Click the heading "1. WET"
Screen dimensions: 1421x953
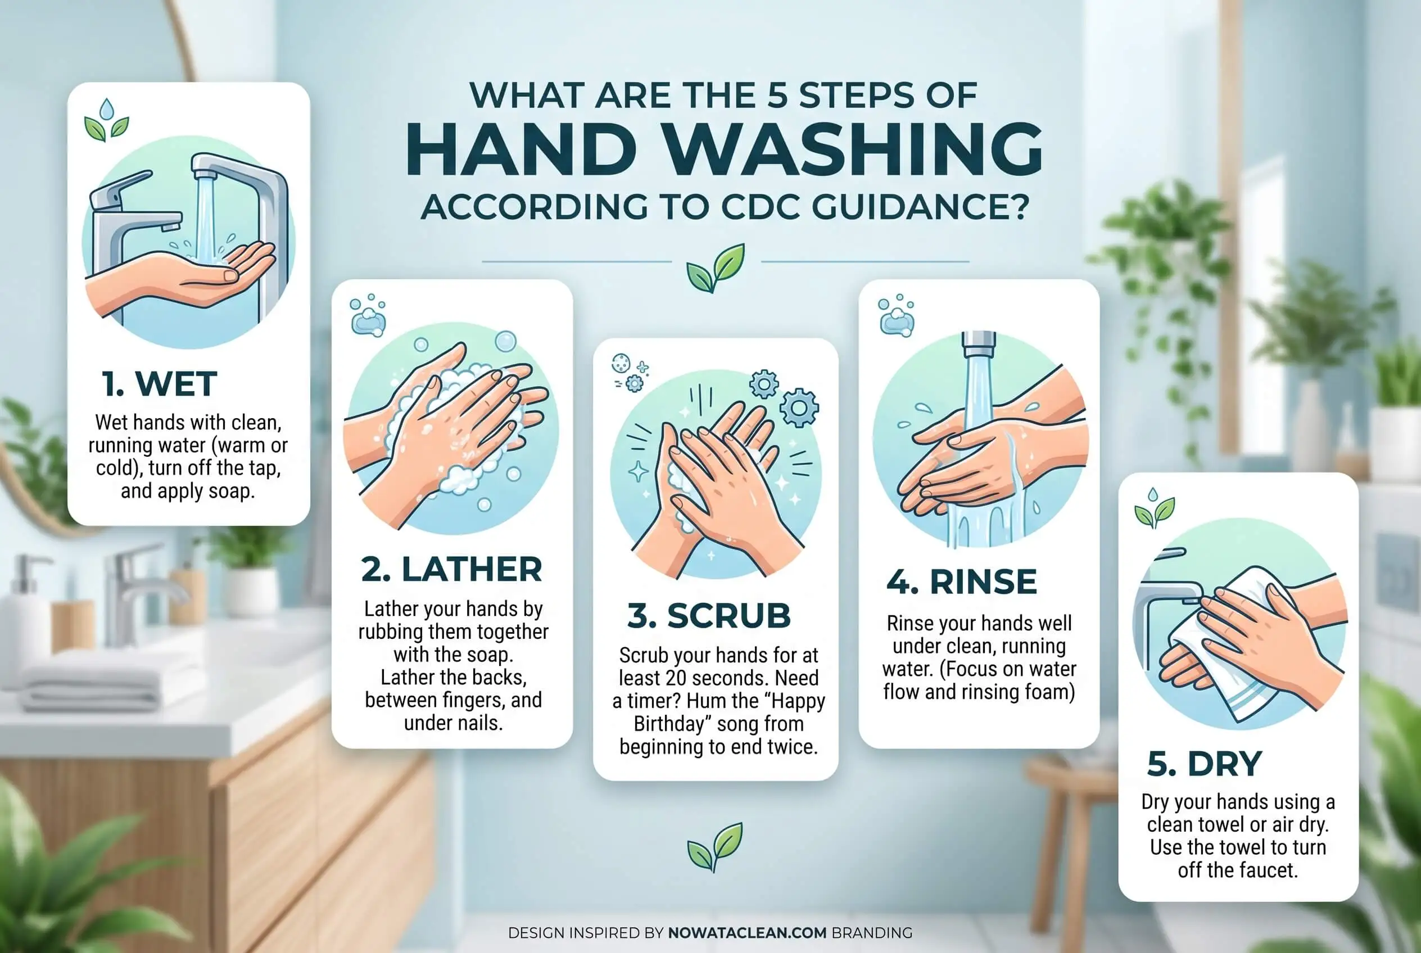pos(159,384)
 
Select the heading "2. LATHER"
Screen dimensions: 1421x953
pos(451,569)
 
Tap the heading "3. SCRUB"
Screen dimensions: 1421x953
pos(709,616)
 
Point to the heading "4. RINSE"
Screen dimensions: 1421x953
pos(962,582)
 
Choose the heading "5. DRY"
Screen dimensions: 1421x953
pos(1205,764)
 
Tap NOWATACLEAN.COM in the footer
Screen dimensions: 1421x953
pos(747,932)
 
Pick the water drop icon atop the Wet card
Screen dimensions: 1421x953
pos(107,110)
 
